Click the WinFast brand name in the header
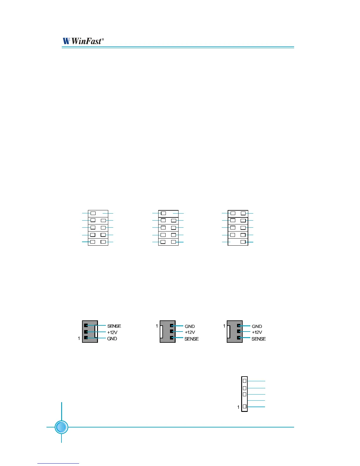click(x=86, y=41)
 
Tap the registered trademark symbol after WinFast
click(x=103, y=39)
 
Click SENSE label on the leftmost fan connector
click(x=114, y=326)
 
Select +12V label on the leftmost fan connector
click(x=112, y=332)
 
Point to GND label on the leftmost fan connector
click(x=112, y=339)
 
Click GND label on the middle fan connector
click(x=190, y=326)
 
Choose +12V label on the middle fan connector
click(x=190, y=332)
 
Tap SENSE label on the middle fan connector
click(x=191, y=339)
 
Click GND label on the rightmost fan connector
click(x=257, y=326)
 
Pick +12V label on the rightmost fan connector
click(x=257, y=332)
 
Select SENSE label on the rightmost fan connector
click(x=259, y=339)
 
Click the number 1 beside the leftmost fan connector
click(x=79, y=339)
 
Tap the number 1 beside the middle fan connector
click(x=157, y=326)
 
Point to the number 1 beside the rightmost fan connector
click(x=224, y=326)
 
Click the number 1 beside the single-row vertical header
click(x=238, y=407)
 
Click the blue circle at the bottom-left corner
click(x=61, y=427)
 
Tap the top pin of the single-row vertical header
click(x=245, y=381)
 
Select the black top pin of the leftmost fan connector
click(x=86, y=325)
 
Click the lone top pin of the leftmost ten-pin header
click(x=93, y=213)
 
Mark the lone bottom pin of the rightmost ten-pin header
click(x=243, y=242)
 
